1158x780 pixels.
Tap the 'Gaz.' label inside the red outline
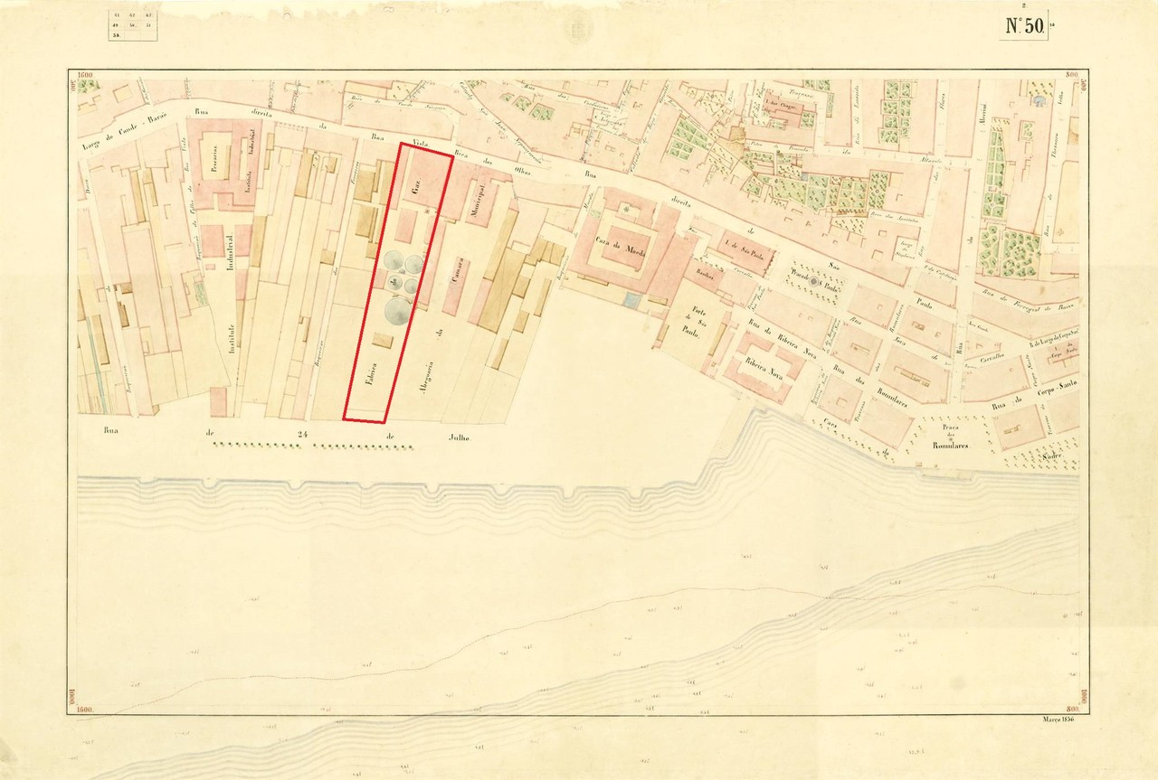(x=416, y=193)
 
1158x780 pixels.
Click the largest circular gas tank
(x=397, y=312)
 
